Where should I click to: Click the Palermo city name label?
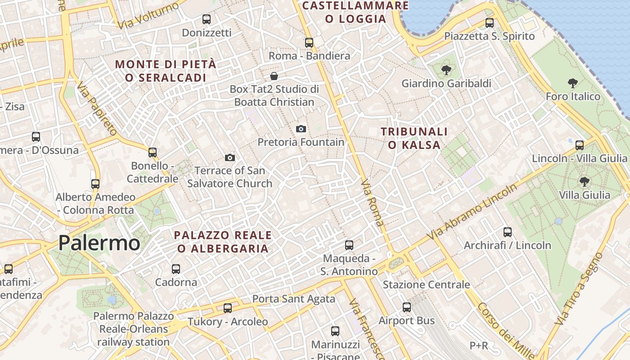[x=99, y=243]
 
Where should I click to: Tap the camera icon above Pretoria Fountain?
[x=301, y=129]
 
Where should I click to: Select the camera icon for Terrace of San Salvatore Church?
[x=230, y=157]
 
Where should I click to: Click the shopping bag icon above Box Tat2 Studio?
[x=274, y=76]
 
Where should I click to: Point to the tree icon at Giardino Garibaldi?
[x=446, y=70]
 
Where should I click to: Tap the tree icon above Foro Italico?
[x=573, y=83]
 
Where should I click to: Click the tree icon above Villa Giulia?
[x=584, y=182]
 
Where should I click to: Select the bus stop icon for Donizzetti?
[x=207, y=19]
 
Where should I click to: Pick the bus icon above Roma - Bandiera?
[x=309, y=43]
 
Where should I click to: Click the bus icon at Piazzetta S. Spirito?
[x=490, y=23]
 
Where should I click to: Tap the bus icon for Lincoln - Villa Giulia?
[x=580, y=145]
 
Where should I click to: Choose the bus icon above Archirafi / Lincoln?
[x=508, y=232]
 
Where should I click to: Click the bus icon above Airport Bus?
[x=407, y=307]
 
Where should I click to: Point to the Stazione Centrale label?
[x=426, y=284]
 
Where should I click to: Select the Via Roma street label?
[x=373, y=203]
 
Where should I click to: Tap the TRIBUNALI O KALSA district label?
[x=414, y=138]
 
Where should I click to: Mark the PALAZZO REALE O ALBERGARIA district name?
[x=223, y=242]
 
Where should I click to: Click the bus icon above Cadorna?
[x=176, y=269]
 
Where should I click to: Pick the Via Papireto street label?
[x=97, y=109]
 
